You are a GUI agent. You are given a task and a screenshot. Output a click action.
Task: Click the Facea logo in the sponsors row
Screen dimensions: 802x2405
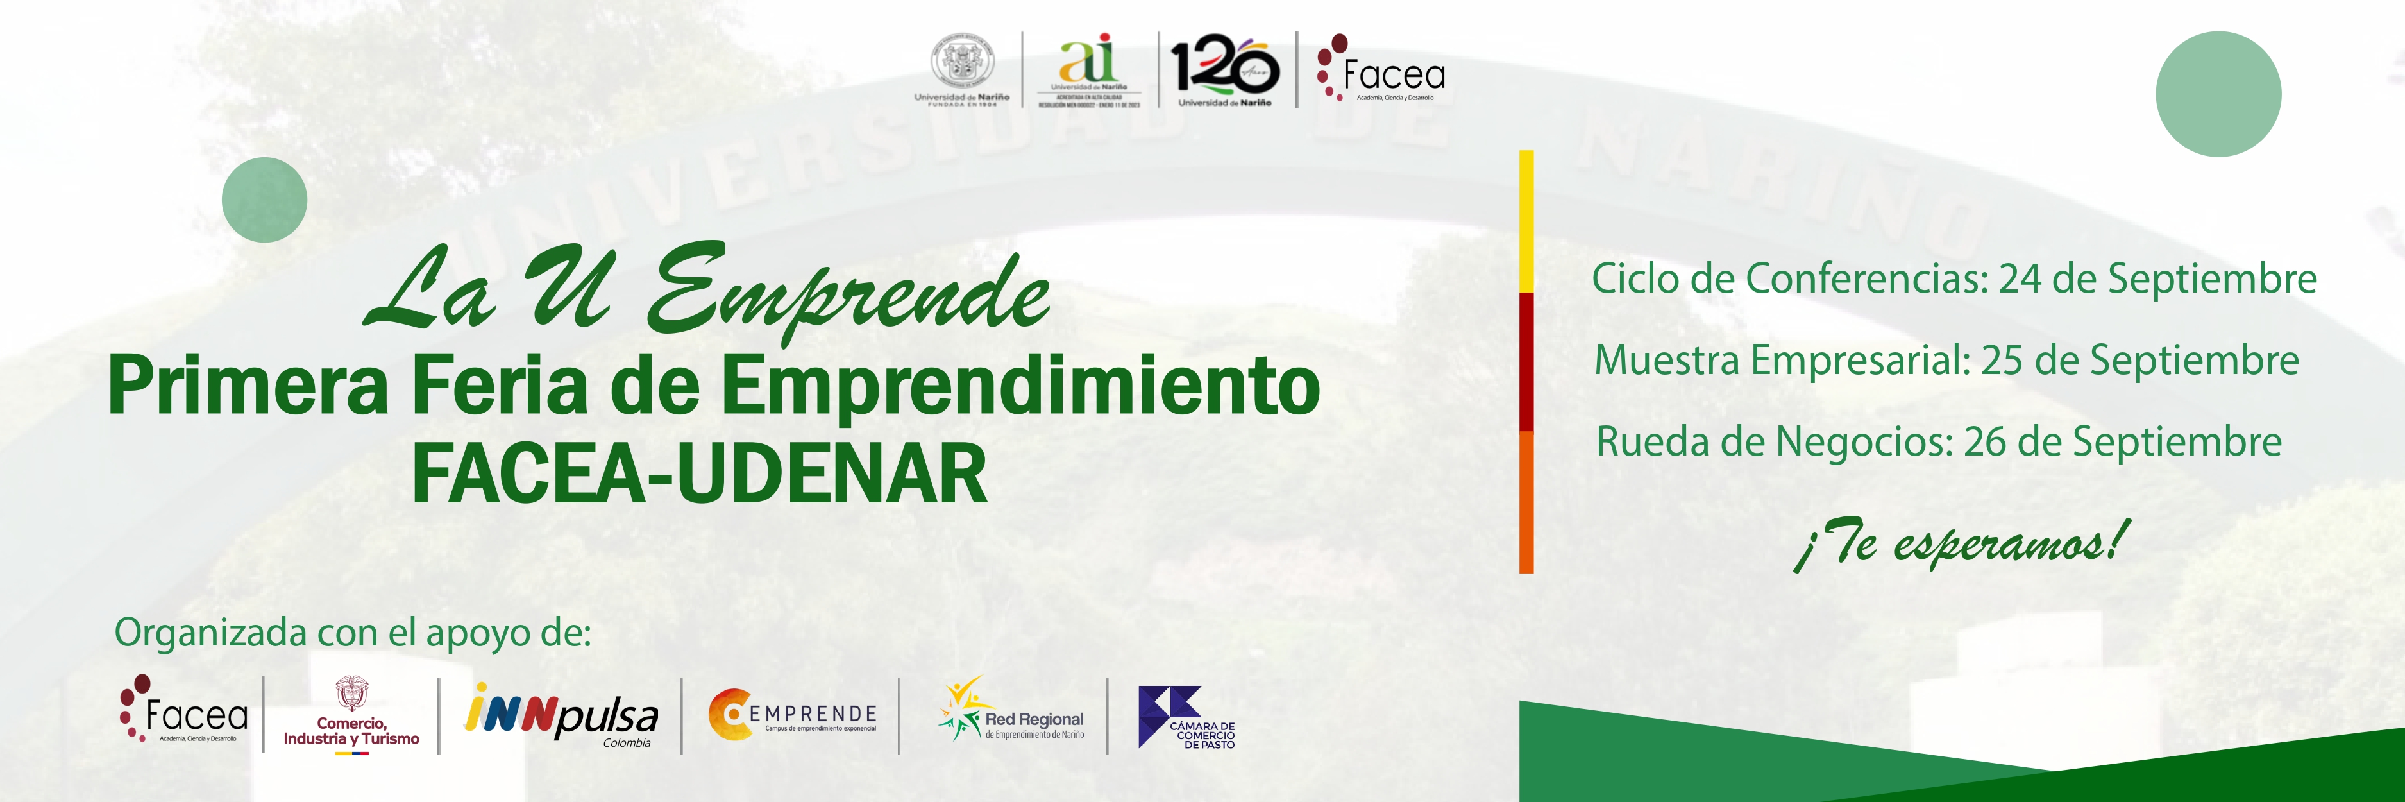tap(184, 712)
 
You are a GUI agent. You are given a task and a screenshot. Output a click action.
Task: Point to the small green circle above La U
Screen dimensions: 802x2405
tap(264, 200)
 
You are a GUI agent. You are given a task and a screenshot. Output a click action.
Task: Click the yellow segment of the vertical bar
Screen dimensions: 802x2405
tap(1526, 221)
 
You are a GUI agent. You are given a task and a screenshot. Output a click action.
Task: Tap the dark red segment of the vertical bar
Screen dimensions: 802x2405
tap(1526, 361)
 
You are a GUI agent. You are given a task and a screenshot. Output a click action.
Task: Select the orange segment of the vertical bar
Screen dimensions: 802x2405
tap(1526, 501)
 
